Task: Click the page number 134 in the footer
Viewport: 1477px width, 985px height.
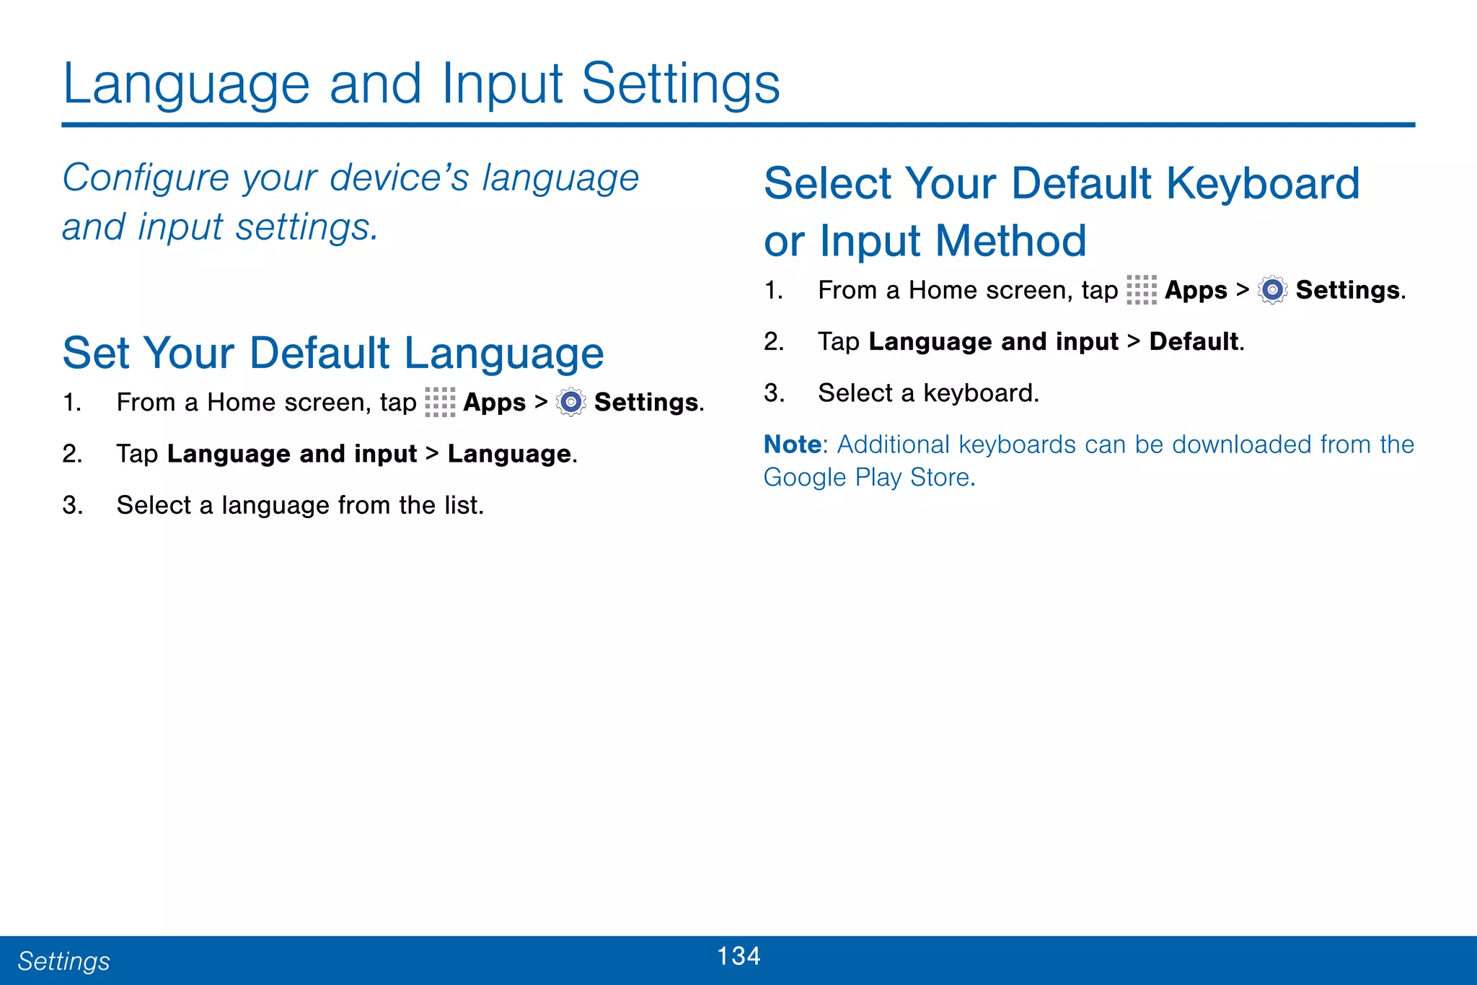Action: (738, 956)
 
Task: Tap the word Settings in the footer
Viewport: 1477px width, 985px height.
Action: (63, 961)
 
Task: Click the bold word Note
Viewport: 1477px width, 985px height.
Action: (792, 445)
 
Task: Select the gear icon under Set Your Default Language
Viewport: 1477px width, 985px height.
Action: (571, 402)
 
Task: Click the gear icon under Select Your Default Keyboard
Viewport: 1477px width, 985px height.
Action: (1272, 290)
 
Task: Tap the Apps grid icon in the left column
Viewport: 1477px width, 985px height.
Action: (440, 402)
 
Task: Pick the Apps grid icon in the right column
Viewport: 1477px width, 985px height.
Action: (1141, 290)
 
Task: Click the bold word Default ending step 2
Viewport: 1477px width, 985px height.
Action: (1194, 341)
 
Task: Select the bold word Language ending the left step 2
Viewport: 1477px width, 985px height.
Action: (509, 454)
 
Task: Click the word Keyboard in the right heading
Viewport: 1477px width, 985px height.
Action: (1263, 183)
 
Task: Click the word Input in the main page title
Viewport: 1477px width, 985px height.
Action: (502, 84)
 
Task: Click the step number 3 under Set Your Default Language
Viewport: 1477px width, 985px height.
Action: (71, 505)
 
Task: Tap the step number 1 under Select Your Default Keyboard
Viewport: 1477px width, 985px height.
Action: (772, 290)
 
